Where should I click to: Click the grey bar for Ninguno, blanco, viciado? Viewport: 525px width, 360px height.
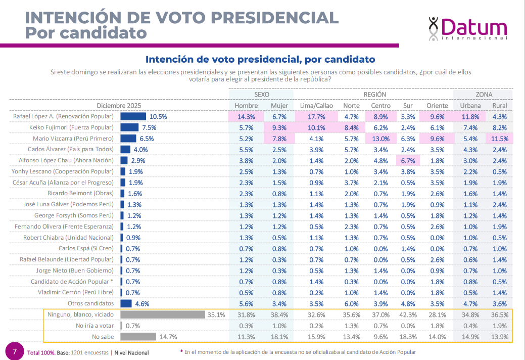(162, 314)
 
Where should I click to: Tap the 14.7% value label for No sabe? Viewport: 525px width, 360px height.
(169, 336)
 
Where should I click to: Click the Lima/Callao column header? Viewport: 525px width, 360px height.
(316, 106)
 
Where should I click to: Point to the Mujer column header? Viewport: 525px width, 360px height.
(279, 106)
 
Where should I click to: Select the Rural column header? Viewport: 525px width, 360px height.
(499, 106)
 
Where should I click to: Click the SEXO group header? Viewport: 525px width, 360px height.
(261, 95)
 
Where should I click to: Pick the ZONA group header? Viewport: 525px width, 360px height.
(484, 95)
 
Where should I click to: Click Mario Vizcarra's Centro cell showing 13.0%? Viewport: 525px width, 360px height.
(381, 139)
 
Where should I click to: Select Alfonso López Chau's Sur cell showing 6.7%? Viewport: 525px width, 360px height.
(408, 161)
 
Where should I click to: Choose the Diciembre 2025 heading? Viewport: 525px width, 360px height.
(119, 106)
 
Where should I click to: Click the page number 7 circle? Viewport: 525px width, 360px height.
(15, 351)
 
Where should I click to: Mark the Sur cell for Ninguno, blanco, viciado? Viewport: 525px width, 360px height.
(408, 314)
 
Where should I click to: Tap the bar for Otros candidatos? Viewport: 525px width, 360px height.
(126, 303)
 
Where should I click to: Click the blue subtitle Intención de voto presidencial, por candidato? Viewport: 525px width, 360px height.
(260, 59)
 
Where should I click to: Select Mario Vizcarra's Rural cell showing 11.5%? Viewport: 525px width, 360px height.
(499, 139)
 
